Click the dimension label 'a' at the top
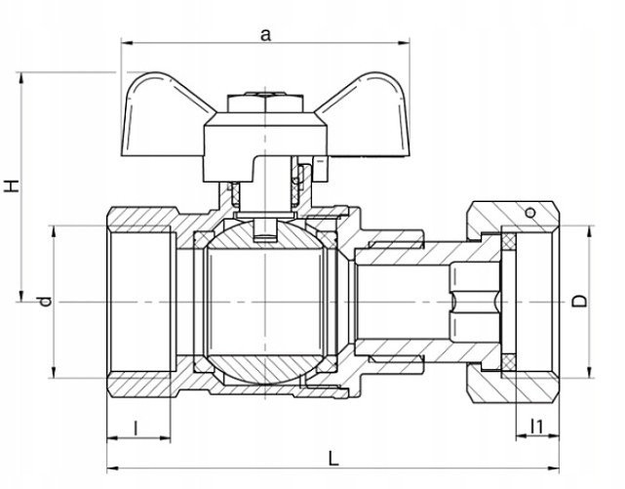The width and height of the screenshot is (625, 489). point(265,35)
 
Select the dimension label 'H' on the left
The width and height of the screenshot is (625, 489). point(12,185)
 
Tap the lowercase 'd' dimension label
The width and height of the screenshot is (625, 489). point(45,302)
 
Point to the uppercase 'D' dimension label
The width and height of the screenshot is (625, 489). point(579,302)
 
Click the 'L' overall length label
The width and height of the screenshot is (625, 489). point(333,459)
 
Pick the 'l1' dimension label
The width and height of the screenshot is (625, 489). point(537,427)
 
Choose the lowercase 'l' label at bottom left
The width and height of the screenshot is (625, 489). point(136,428)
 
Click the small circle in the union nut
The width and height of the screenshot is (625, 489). point(530,213)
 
